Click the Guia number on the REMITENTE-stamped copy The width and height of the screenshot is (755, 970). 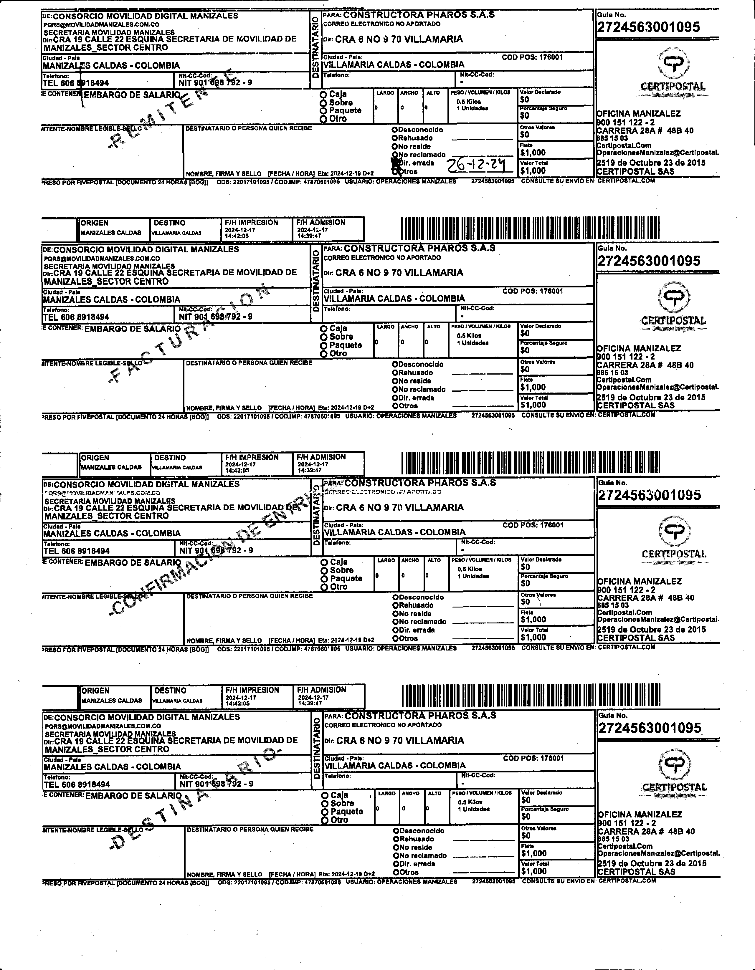(648, 27)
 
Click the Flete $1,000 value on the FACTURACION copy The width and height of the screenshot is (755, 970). (533, 387)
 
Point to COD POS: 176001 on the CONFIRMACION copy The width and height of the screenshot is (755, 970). (533, 525)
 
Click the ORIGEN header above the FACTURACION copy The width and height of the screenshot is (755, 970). (95, 223)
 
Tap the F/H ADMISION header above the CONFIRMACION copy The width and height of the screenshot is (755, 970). (321, 457)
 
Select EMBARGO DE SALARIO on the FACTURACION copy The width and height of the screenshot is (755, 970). (133, 329)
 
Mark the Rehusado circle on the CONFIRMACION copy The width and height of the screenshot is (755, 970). (395, 605)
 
